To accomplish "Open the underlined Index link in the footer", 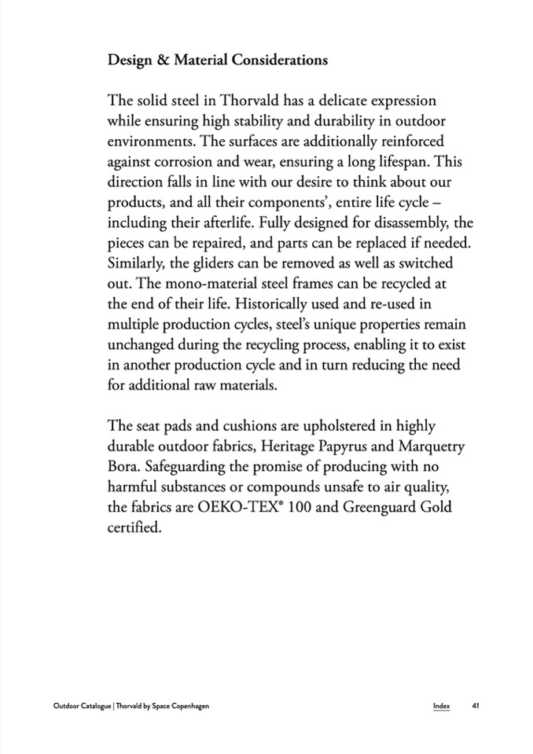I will (x=441, y=705).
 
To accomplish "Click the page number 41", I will (x=476, y=705).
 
